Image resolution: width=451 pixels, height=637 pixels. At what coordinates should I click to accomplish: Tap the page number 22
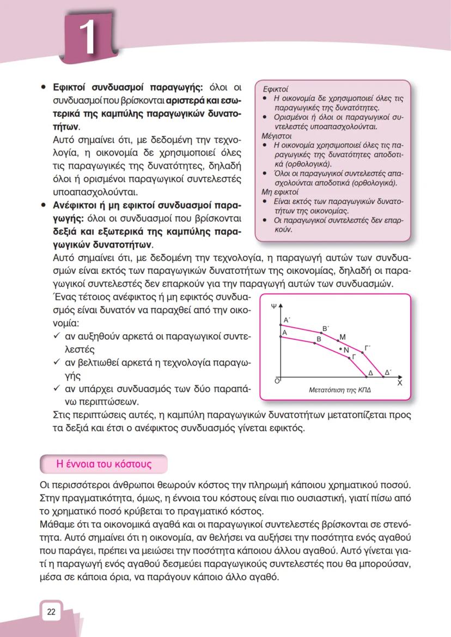(x=51, y=611)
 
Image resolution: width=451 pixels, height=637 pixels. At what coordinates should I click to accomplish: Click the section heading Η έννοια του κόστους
(x=104, y=464)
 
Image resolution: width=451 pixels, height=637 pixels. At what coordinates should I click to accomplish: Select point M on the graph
(x=343, y=337)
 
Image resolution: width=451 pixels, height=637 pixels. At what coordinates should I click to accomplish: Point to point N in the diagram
(x=345, y=350)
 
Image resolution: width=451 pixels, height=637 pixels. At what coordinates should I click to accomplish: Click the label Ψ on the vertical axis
(x=273, y=306)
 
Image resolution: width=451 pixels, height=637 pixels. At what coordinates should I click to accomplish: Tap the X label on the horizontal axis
(x=399, y=383)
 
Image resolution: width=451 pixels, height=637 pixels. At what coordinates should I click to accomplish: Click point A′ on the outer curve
(x=287, y=320)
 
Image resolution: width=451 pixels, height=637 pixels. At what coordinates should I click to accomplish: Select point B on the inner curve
(x=319, y=340)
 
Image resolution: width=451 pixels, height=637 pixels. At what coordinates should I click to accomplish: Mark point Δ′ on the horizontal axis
(x=387, y=372)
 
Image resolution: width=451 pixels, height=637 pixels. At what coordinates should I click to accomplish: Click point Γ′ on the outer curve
(x=368, y=347)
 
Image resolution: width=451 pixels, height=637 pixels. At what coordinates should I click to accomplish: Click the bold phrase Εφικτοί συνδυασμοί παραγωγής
(x=127, y=87)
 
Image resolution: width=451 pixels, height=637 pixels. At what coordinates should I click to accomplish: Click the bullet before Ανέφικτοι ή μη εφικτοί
(x=42, y=207)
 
